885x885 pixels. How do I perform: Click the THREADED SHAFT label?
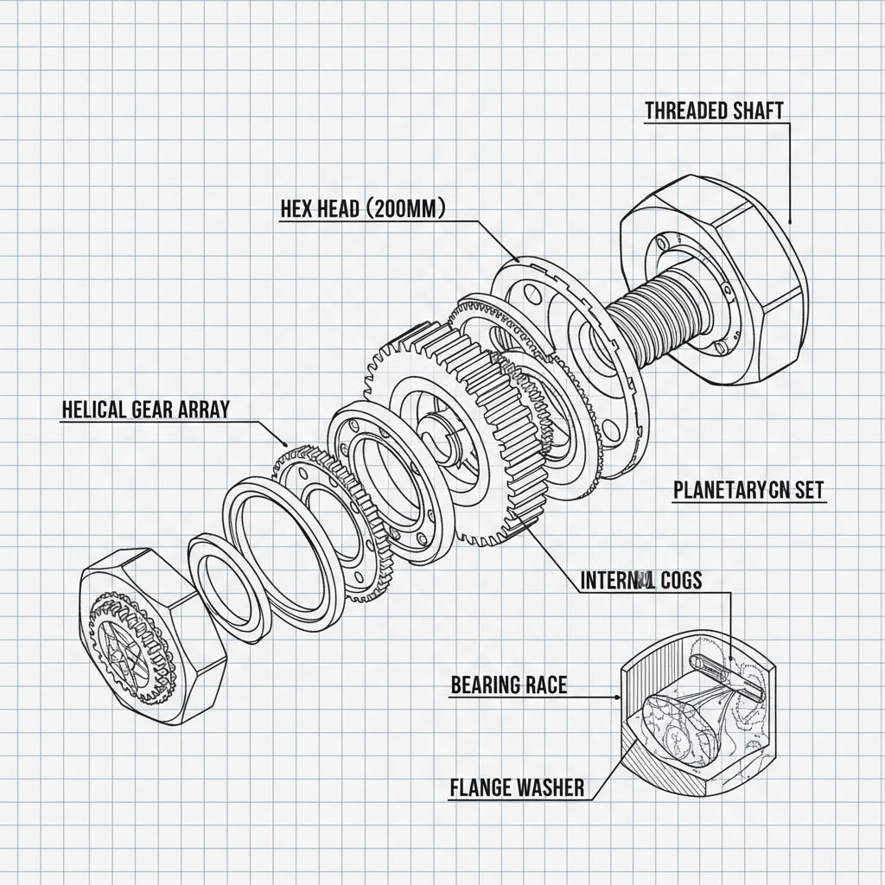coord(714,111)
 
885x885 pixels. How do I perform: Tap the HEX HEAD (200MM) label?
coord(362,209)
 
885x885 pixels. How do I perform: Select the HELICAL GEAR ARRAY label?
coord(146,410)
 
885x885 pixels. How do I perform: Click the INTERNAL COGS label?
coord(640,580)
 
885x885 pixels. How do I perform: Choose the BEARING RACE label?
coord(509,685)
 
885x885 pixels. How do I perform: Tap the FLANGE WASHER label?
coord(517,787)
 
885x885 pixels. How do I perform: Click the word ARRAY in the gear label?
coord(204,410)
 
